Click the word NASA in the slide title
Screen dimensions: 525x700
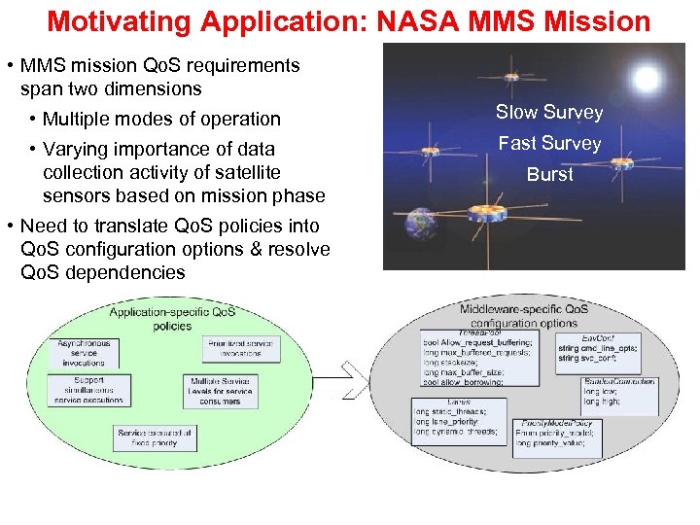tap(412, 20)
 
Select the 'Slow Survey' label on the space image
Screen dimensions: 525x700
tap(548, 113)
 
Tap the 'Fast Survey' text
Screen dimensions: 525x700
tap(549, 144)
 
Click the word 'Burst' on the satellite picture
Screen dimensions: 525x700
tap(549, 175)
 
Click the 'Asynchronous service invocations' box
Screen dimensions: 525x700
tap(84, 352)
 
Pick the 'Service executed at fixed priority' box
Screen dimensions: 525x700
tap(155, 437)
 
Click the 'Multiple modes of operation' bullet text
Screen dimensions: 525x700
tap(161, 120)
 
